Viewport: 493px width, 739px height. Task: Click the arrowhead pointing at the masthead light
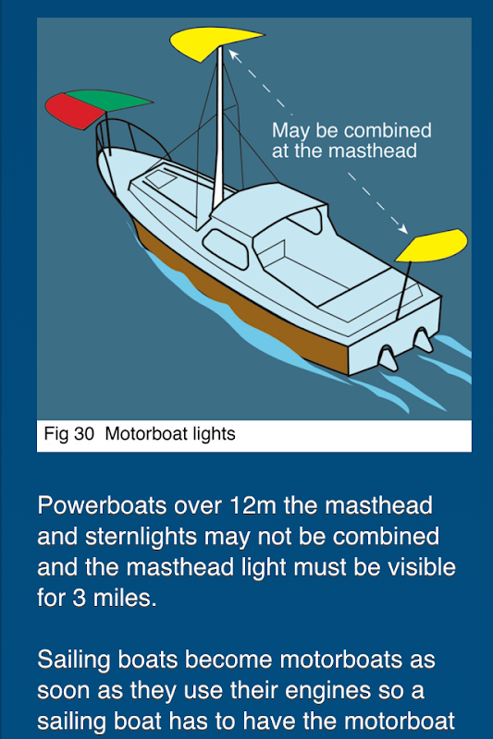234,55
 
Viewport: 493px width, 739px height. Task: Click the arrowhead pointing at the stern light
402,228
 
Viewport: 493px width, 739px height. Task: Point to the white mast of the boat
218,127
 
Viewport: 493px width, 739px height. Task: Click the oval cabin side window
226,248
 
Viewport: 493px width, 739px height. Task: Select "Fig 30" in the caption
68,434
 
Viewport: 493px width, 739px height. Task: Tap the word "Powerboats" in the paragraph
102,505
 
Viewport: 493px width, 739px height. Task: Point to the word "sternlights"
142,537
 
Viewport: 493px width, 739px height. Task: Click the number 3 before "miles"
79,598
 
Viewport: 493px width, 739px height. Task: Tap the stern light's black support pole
403,290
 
